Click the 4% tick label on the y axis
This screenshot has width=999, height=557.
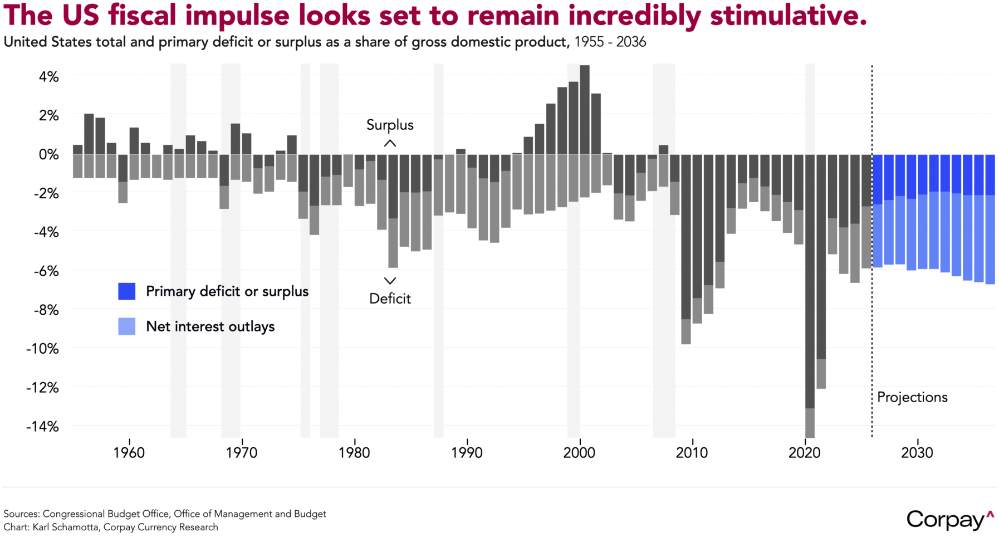point(48,77)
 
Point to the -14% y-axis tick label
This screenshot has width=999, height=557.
point(42,427)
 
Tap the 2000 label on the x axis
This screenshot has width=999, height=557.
point(579,453)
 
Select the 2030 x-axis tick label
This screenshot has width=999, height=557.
point(917,453)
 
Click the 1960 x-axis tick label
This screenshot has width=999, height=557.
point(129,453)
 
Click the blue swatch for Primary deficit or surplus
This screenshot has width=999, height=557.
point(127,291)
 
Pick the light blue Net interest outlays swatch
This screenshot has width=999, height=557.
point(127,326)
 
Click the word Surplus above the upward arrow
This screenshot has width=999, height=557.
point(390,125)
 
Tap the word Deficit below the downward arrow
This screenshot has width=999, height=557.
point(390,299)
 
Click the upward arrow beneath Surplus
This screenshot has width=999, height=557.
point(390,144)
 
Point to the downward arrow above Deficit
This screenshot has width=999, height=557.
point(390,281)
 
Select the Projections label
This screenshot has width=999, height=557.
point(912,398)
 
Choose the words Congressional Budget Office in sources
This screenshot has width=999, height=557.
point(106,514)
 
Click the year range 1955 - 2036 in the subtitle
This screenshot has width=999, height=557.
point(610,42)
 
